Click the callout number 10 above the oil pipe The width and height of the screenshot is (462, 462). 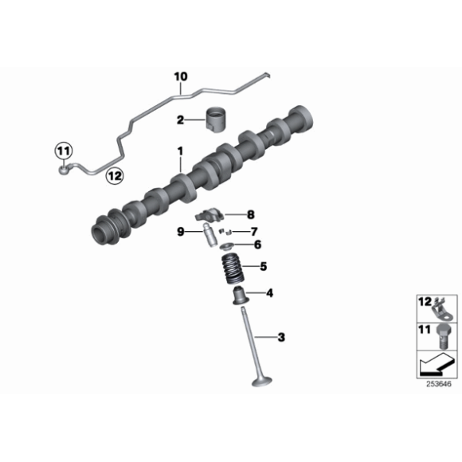(181, 76)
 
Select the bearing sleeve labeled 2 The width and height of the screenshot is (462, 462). (216, 120)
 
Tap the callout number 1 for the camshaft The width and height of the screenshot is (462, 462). (180, 151)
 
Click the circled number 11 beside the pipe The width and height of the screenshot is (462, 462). (64, 151)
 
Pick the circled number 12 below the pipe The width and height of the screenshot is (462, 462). (115, 176)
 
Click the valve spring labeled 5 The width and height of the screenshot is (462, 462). (233, 269)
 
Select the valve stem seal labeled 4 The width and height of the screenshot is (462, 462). (241, 296)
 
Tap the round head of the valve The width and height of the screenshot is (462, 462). (261, 381)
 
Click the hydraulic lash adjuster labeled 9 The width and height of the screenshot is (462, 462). (208, 235)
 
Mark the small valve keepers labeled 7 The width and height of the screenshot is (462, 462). (225, 232)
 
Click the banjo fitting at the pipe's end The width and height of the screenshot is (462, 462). (65, 169)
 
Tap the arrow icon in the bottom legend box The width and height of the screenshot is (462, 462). (437, 364)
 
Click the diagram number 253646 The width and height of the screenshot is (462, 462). (439, 384)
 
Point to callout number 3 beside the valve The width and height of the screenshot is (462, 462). (281, 337)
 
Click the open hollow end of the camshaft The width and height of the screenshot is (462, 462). (98, 233)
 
